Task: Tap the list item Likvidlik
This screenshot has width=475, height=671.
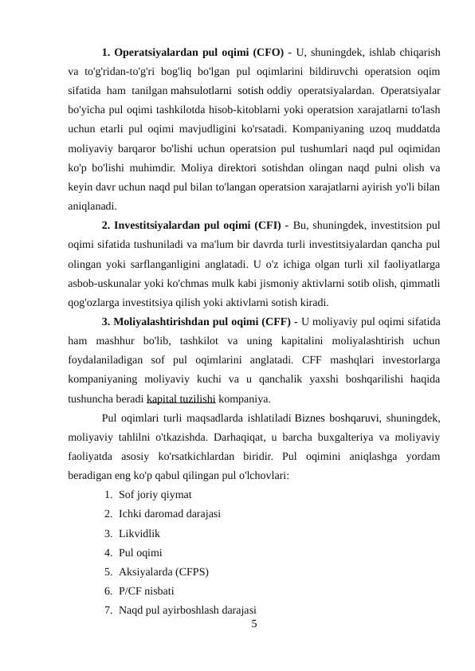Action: coord(139,533)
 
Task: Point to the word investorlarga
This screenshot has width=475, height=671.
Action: coord(406,360)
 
